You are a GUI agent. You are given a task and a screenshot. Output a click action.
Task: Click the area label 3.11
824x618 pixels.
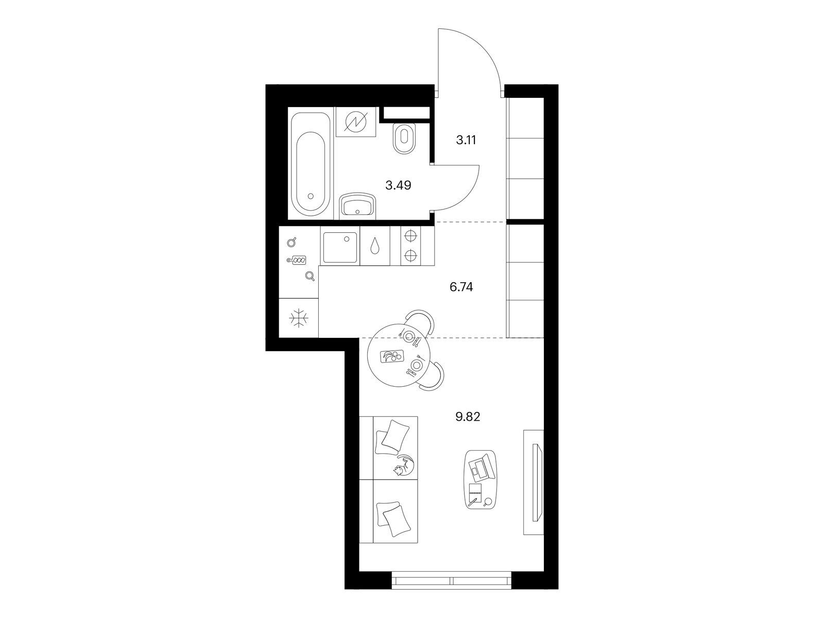466,140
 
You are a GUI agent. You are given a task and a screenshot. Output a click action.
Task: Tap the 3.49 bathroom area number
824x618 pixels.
398,185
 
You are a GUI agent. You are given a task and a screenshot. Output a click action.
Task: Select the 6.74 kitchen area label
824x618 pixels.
461,287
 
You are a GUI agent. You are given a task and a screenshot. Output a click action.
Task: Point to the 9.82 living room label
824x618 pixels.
468,417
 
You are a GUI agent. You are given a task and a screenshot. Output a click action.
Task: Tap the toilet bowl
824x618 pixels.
404,138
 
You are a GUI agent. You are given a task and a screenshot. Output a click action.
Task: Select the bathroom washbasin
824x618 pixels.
358,205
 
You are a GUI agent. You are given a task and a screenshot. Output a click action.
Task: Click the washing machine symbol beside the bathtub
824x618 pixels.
355,122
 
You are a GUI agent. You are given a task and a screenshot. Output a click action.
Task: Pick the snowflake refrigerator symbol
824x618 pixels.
298,318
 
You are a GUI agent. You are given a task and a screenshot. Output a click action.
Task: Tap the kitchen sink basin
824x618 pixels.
340,247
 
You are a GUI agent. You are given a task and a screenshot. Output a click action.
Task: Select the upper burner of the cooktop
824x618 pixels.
411,236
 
